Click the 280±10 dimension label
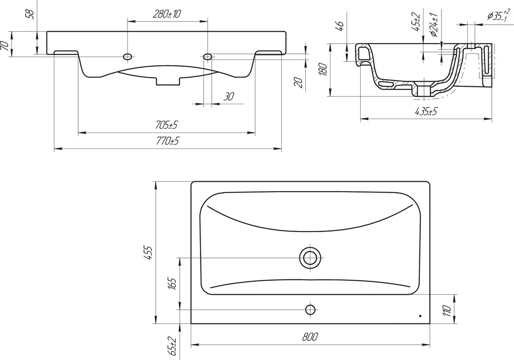point(167,14)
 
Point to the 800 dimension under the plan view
point(310,337)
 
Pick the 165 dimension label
point(173,283)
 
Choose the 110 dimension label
point(447,310)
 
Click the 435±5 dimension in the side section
point(426,112)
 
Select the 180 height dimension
point(323,69)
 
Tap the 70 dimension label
point(5,46)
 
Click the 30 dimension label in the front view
point(229,97)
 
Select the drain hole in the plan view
point(310,258)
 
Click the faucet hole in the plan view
point(310,309)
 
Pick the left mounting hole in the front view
point(128,56)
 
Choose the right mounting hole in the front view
point(208,56)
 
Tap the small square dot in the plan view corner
point(420,316)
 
